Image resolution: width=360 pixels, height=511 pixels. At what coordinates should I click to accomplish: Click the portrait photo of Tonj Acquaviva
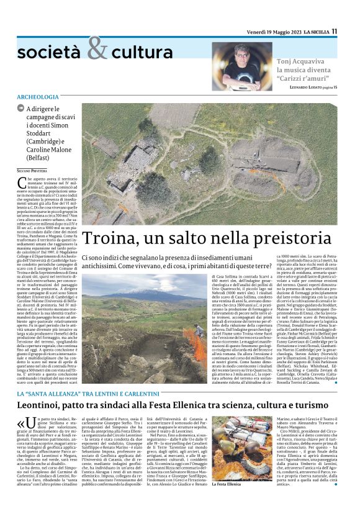(x=248, y=66)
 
